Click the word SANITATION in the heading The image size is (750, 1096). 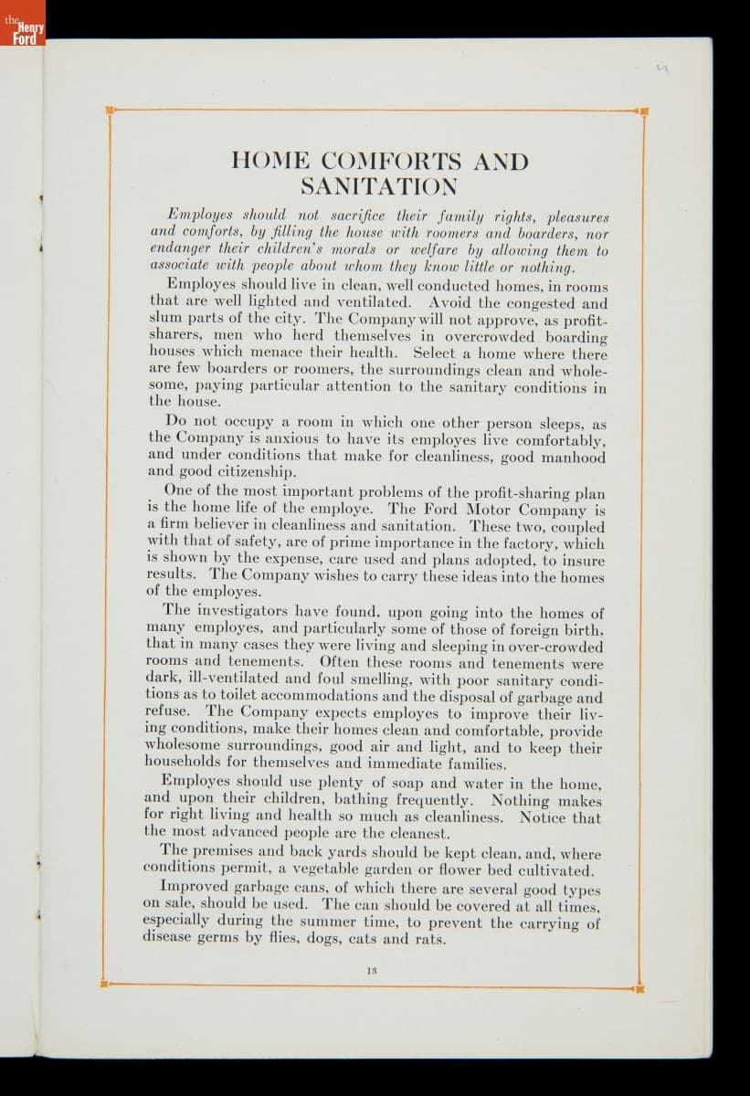tap(379, 187)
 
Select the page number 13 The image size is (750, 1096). tap(372, 972)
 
